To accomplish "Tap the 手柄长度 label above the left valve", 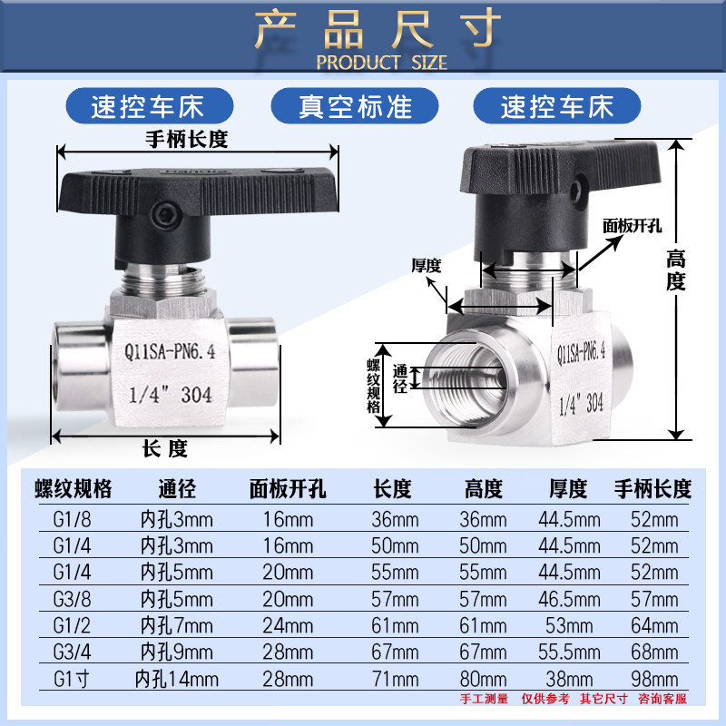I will coord(186,140).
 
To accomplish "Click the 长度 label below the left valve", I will coord(164,447).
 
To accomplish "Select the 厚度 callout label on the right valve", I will coord(426,266).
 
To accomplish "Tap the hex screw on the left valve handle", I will coord(167,216).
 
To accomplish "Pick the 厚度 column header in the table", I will coord(568,490).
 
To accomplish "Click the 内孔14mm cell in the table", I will coord(177,678).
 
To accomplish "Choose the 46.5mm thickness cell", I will coord(568,599).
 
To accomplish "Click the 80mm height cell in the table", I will coord(482,678).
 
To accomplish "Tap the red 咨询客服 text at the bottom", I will coord(662,699).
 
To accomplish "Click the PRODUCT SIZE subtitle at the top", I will coord(381,63).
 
